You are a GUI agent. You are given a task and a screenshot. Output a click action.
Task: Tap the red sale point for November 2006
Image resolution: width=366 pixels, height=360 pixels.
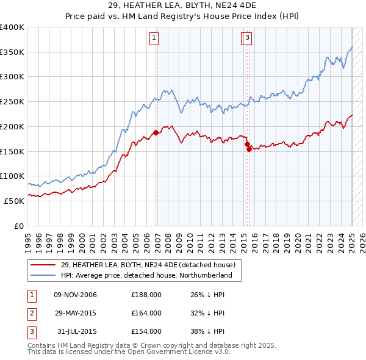pyautogui.click(x=156, y=132)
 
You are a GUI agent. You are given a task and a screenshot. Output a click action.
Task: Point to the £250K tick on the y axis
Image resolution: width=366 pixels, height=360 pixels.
pyautogui.click(x=13, y=101)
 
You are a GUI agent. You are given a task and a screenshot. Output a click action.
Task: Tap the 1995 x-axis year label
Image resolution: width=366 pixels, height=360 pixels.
pyautogui.click(x=27, y=239)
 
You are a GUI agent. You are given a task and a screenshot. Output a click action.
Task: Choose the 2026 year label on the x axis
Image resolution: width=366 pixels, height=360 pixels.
pyautogui.click(x=363, y=239)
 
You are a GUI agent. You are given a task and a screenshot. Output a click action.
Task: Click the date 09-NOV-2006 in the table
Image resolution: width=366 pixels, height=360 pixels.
pyautogui.click(x=76, y=295)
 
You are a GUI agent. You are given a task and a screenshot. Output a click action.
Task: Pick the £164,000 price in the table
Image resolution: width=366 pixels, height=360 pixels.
pyautogui.click(x=146, y=313)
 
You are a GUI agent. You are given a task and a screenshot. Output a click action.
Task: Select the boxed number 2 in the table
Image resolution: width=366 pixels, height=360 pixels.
pyautogui.click(x=30, y=313)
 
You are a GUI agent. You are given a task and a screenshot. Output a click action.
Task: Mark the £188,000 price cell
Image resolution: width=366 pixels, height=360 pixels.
pyautogui.click(x=146, y=295)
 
